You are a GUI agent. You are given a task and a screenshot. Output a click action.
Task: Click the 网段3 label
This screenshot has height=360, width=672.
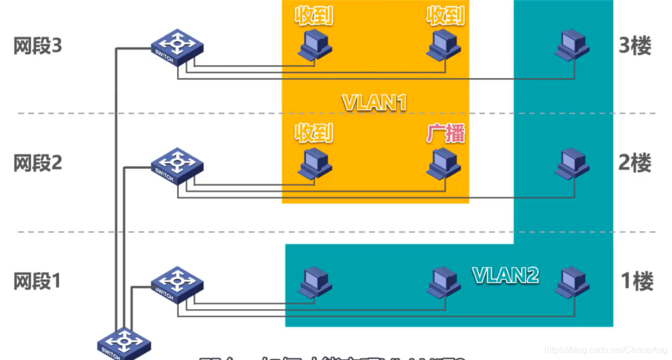(x=37, y=46)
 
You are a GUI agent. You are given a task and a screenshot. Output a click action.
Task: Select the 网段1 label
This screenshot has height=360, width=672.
(x=37, y=281)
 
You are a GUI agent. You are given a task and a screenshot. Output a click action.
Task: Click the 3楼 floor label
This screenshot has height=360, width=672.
(x=635, y=46)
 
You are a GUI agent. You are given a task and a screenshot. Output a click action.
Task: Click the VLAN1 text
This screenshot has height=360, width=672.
(x=375, y=103)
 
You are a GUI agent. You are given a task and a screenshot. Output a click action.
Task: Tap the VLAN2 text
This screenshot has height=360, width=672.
(x=505, y=275)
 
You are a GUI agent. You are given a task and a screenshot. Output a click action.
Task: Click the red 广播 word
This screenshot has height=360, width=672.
(x=446, y=134)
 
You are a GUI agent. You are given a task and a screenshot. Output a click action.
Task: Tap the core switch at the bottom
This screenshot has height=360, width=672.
(x=123, y=344)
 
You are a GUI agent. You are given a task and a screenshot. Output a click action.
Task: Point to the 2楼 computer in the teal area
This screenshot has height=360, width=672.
(x=572, y=163)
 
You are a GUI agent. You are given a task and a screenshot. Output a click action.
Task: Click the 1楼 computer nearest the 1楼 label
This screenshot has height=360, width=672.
(x=572, y=282)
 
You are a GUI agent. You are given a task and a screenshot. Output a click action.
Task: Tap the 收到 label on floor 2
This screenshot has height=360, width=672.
(x=314, y=134)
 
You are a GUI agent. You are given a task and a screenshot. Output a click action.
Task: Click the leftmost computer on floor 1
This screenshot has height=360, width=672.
(x=315, y=282)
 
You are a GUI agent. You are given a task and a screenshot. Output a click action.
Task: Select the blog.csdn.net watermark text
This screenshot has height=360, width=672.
(x=606, y=350)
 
